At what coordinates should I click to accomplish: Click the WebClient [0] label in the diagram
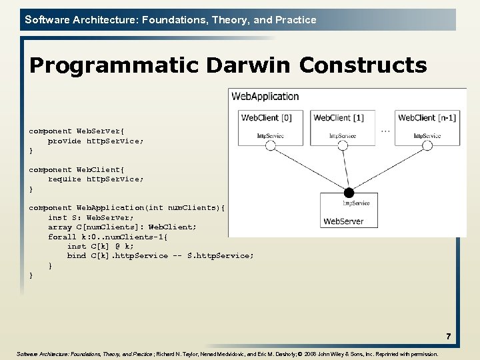(x=266, y=118)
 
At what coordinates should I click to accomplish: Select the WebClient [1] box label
(x=339, y=118)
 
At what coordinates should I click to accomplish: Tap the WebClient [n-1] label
(x=427, y=118)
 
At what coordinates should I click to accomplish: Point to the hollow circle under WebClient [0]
(x=271, y=147)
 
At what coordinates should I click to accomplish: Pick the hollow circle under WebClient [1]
(x=343, y=147)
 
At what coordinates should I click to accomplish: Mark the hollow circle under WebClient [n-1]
(x=427, y=147)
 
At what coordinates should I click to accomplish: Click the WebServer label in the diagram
(x=343, y=221)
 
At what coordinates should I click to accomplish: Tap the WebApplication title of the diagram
(x=265, y=97)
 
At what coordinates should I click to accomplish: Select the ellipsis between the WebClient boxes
(x=385, y=131)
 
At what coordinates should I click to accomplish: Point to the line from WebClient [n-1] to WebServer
(x=388, y=170)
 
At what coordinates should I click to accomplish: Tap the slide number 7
(x=449, y=337)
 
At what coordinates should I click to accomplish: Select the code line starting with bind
(x=160, y=256)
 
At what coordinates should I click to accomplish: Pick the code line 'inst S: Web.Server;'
(x=91, y=217)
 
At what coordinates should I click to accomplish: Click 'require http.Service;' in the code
(x=95, y=179)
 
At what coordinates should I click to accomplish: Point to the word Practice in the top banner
(x=296, y=20)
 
